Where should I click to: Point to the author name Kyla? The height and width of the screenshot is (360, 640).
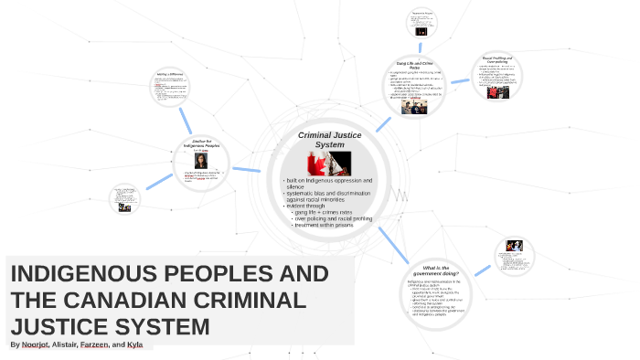click(135, 345)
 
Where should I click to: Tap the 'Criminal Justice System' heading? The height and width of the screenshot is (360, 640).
click(330, 140)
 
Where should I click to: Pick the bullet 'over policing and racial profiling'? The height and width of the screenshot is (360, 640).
click(335, 219)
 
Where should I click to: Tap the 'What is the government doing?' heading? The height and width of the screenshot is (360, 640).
click(442, 271)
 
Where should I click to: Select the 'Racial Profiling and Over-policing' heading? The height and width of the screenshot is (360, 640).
click(500, 59)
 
